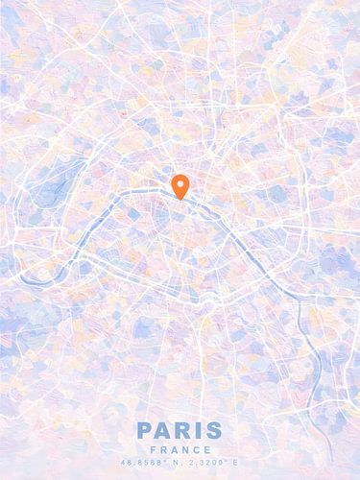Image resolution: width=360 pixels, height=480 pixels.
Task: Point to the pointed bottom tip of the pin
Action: click(180, 199)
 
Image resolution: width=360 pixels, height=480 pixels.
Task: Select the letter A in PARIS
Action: click(163, 431)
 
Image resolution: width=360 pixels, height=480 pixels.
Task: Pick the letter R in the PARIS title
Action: click(182, 431)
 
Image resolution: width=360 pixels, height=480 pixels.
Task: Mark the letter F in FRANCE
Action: click(156, 449)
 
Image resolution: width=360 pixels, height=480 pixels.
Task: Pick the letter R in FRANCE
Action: click(164, 449)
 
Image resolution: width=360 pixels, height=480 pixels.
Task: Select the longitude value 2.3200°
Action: click(204, 463)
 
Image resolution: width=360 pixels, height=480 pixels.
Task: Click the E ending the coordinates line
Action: click(234, 463)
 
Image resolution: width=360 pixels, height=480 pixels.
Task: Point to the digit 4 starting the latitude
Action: click(123, 463)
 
